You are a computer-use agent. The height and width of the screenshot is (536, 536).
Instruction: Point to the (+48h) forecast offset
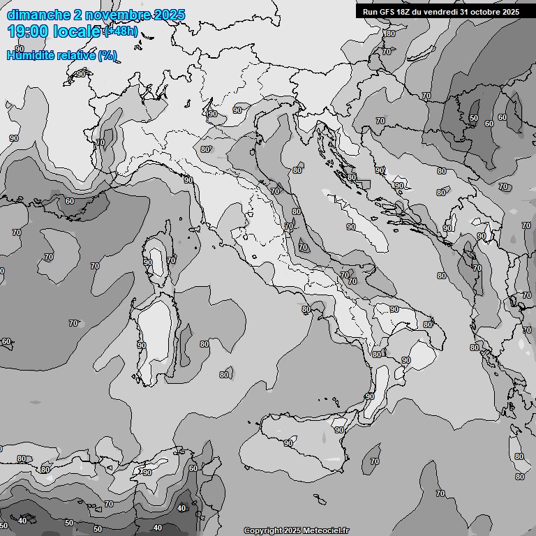[x=121, y=32]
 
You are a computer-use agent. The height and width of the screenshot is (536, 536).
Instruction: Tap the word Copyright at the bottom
[x=263, y=531]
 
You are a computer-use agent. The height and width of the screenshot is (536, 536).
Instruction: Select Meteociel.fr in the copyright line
[x=325, y=531]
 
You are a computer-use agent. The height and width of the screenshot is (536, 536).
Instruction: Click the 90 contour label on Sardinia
[x=142, y=345]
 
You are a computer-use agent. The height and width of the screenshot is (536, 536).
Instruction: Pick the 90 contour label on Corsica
[x=148, y=262]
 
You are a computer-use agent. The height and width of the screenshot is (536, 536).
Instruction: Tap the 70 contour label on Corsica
[x=171, y=260]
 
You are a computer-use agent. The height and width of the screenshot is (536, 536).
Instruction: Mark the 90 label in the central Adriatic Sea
[x=351, y=227]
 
